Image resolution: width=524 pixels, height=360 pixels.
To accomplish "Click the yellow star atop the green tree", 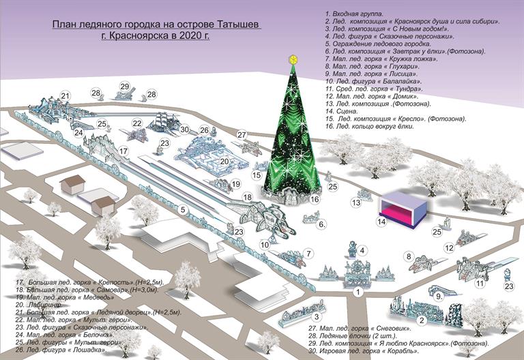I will (x=293, y=58).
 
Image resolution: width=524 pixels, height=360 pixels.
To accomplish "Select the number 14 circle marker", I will (x=382, y=222).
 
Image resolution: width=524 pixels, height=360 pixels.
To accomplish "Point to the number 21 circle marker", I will (x=65, y=95).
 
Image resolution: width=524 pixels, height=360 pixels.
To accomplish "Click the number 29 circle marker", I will (x=124, y=86).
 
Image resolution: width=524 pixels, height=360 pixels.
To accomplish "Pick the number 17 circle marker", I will (x=123, y=151).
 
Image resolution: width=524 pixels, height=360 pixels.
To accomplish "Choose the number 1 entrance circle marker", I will (x=357, y=292).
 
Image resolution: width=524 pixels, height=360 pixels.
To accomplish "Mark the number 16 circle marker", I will (x=315, y=200).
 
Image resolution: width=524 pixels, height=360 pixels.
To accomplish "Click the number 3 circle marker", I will (x=317, y=316).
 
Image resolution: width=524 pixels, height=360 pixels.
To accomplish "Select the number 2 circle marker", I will (x=422, y=320).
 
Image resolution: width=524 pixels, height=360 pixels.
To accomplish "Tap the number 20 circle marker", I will (x=224, y=161).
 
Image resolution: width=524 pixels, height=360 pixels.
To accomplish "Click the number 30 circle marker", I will (x=184, y=130).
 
